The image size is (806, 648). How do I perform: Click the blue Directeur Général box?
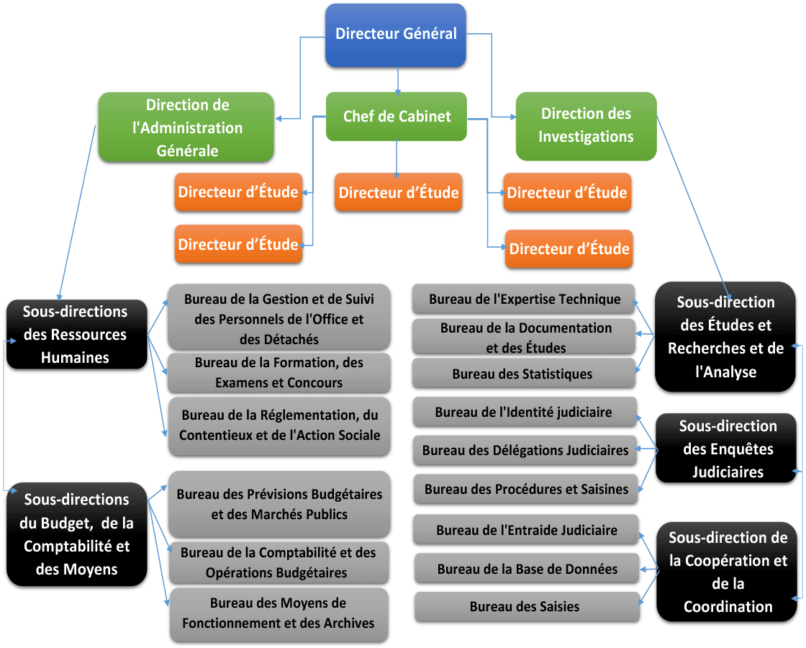coord(396,35)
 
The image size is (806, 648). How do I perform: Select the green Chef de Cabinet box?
coord(397,116)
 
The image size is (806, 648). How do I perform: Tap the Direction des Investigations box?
coord(586,126)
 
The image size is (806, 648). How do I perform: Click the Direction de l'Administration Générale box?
coord(186,127)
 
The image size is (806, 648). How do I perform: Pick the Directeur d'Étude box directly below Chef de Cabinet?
coord(399,192)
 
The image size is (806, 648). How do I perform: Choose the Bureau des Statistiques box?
coord(523,374)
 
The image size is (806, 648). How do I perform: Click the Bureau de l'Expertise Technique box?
coord(523,299)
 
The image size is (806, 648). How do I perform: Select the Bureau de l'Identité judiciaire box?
coord(525,412)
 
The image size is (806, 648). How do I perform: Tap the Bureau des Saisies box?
coord(527,607)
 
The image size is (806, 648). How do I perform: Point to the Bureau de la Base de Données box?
coord(527,569)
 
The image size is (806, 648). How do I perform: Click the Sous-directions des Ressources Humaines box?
coord(76,334)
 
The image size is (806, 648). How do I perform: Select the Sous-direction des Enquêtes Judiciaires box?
coord(726,448)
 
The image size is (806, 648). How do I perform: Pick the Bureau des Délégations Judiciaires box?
coord(525,451)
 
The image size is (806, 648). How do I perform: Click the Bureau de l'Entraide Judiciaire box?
coord(526,530)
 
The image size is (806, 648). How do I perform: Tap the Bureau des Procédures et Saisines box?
coord(526,489)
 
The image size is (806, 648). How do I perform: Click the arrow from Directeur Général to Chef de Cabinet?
coord(397,81)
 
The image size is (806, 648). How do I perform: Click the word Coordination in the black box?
coord(728,607)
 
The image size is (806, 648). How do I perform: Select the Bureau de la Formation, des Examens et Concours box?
coord(279,372)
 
